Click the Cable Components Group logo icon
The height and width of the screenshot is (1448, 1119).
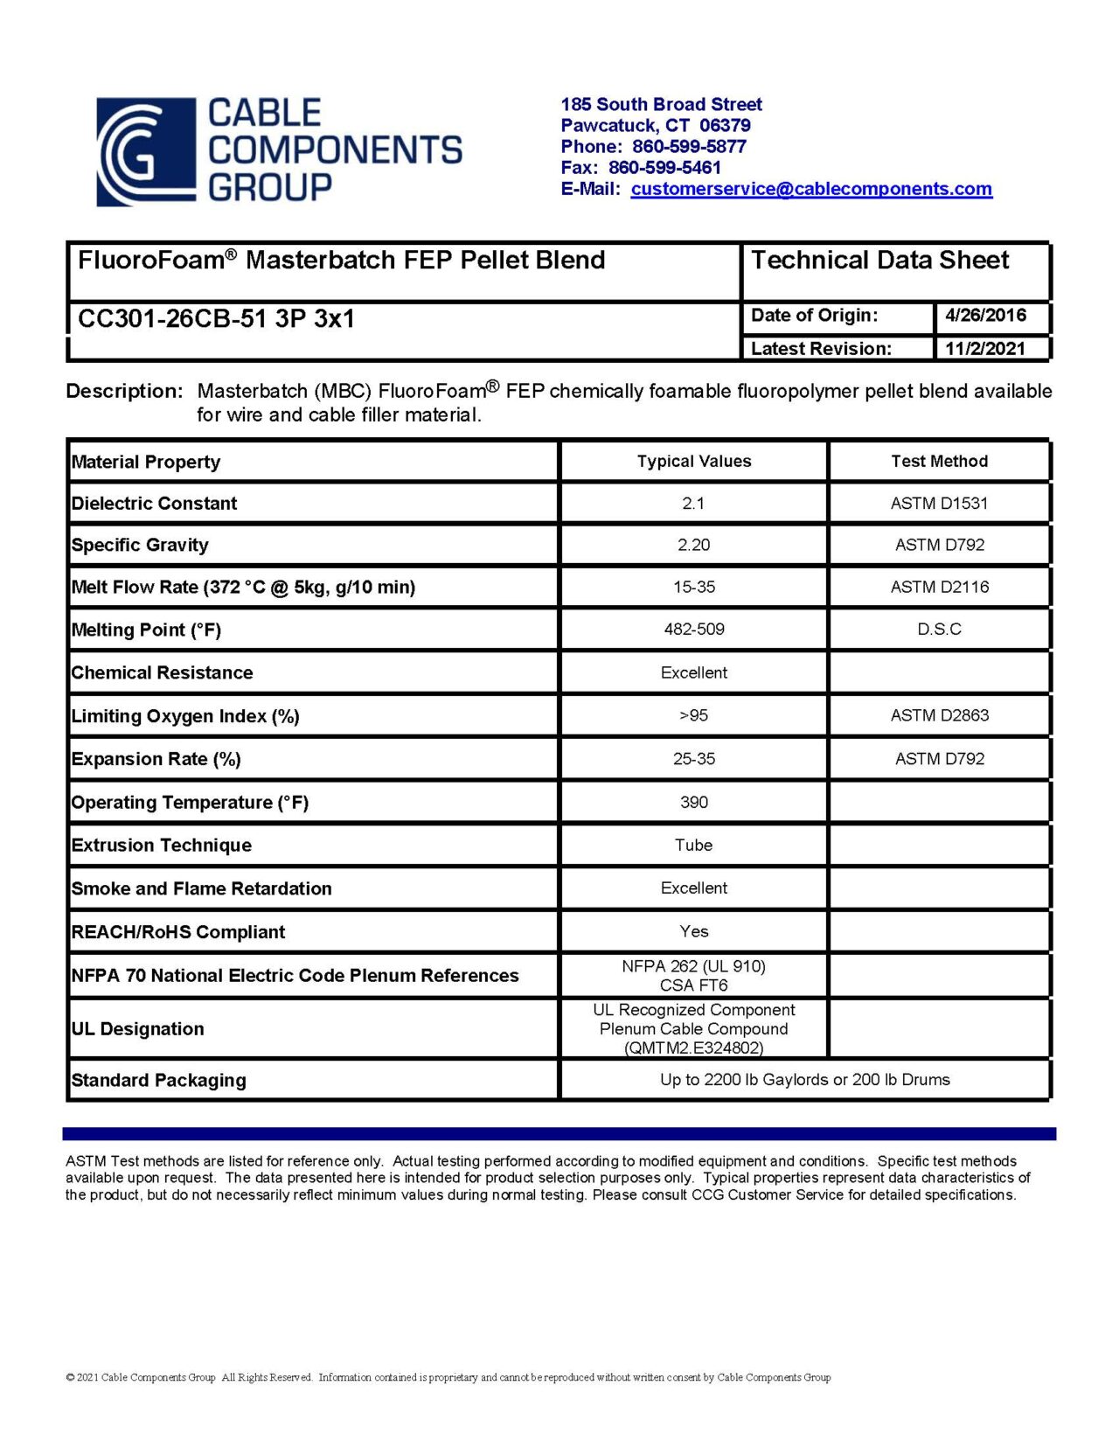pyautogui.click(x=145, y=152)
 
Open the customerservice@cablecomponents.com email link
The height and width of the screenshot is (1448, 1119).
pyautogui.click(x=810, y=189)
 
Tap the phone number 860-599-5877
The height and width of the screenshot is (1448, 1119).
pyautogui.click(x=689, y=147)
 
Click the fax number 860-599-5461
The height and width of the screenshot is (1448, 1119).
pyautogui.click(x=664, y=168)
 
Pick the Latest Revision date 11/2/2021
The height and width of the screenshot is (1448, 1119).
pyautogui.click(x=984, y=348)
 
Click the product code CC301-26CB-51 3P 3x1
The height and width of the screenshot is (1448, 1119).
pyautogui.click(x=216, y=319)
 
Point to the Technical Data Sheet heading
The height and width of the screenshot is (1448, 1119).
pyautogui.click(x=879, y=261)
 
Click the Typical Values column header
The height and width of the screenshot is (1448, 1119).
pyautogui.click(x=693, y=462)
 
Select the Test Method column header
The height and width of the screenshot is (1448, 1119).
pyautogui.click(x=939, y=462)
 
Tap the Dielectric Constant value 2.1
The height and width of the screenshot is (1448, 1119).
pyautogui.click(x=693, y=504)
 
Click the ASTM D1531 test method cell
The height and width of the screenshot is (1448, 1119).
pyautogui.click(x=939, y=504)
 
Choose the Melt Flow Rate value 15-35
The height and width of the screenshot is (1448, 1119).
pyautogui.click(x=693, y=588)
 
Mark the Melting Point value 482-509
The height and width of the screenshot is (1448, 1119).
pyautogui.click(x=693, y=630)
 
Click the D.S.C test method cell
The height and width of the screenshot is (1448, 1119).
pyautogui.click(x=939, y=630)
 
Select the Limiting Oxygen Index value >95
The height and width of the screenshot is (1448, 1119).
pyautogui.click(x=693, y=716)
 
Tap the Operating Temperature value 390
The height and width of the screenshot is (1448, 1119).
pyautogui.click(x=693, y=803)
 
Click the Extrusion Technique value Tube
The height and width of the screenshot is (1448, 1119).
pyautogui.click(x=693, y=846)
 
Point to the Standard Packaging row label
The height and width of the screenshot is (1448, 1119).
pyautogui.click(x=158, y=1081)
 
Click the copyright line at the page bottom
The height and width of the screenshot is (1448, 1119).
pyautogui.click(x=448, y=1378)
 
